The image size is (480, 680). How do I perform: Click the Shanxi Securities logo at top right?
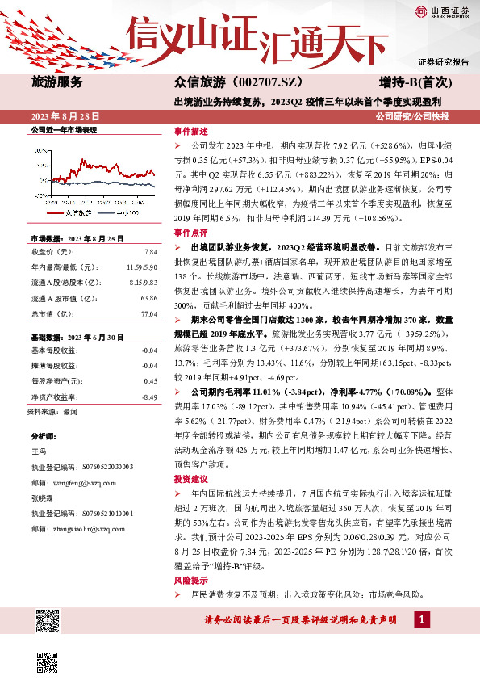(442, 11)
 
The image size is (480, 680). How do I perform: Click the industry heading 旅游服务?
(56, 82)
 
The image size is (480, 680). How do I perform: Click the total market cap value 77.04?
(148, 313)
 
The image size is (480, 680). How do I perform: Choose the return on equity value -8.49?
(148, 397)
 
